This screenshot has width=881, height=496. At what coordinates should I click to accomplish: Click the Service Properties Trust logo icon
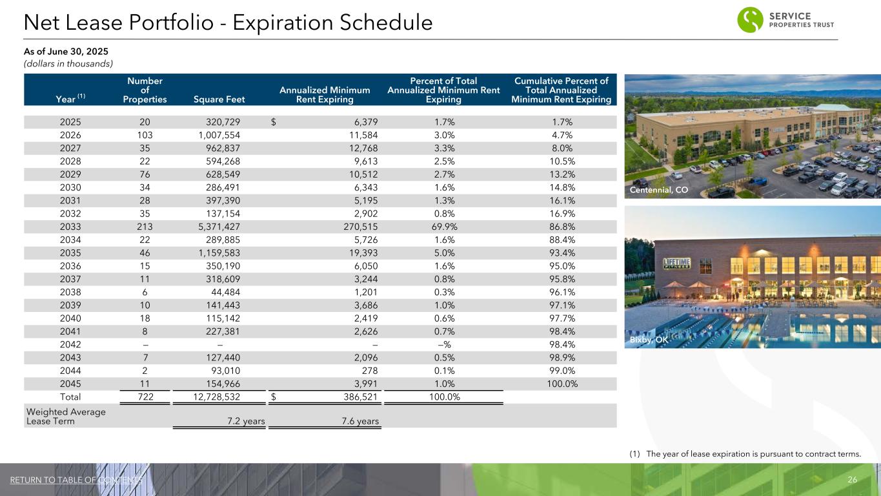750,19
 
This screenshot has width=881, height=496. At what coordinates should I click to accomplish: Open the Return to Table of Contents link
76,480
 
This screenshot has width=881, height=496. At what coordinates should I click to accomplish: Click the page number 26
852,480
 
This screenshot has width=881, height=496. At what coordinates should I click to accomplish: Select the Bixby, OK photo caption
649,339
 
